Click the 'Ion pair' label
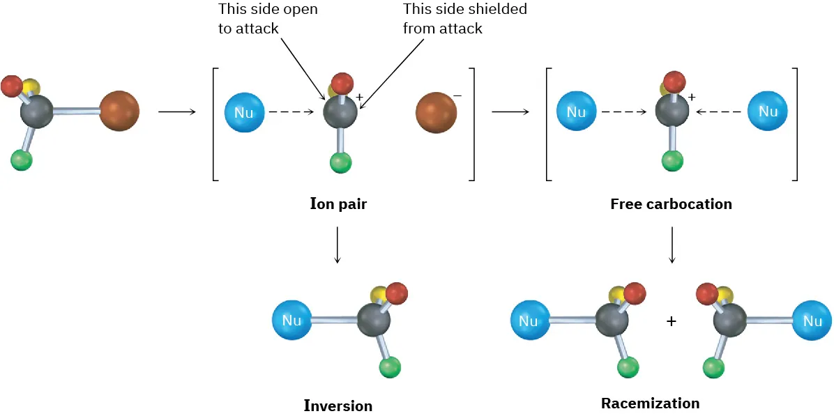click(x=338, y=204)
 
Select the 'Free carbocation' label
click(x=671, y=204)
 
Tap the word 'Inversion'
click(x=338, y=406)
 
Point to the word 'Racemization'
click(x=650, y=403)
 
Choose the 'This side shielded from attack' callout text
click(x=464, y=19)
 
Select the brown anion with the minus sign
click(x=436, y=111)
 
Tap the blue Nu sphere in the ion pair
click(x=245, y=112)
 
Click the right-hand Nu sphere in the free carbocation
click(x=768, y=111)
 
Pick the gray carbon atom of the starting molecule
click(x=36, y=111)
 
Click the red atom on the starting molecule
click(x=12, y=86)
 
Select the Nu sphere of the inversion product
click(x=291, y=321)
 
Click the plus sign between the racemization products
click(x=671, y=321)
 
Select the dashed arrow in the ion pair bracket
click(x=293, y=112)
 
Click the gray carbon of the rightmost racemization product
click(x=730, y=321)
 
